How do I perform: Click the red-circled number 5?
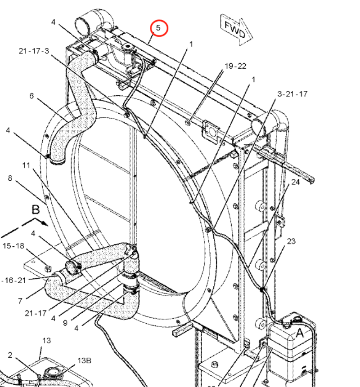point(158,28)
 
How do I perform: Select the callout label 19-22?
point(235,66)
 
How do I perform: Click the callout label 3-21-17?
point(292,94)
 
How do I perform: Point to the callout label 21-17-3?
point(34,51)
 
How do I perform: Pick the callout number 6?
point(31,96)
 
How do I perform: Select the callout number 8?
point(10,178)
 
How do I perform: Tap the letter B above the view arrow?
point(36,209)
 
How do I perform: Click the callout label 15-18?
point(13,246)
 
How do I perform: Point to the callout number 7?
point(20,301)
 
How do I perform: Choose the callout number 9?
point(64,323)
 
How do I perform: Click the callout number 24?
point(295,182)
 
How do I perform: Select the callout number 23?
point(291,241)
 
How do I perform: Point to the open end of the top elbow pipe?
point(83,22)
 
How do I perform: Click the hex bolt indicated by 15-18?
point(48,269)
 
